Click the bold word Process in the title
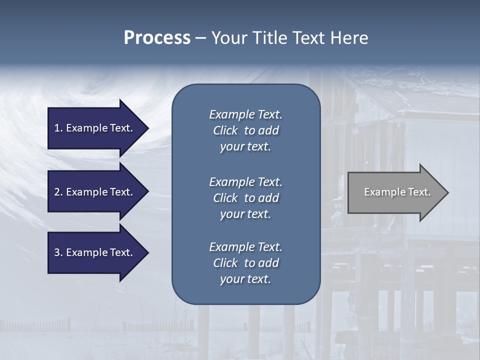point(157,38)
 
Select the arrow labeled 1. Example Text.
point(95,128)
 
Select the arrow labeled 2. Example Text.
point(95,192)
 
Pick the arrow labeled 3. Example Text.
point(95,252)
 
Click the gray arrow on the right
point(395,192)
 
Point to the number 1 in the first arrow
point(57,128)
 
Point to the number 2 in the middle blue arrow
point(57,192)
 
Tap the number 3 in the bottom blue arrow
point(57,252)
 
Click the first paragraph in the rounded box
point(245,130)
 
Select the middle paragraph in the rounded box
point(245,198)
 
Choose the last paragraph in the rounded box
point(245,263)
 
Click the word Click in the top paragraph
point(225,130)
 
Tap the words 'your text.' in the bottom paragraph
point(245,279)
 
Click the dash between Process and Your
point(200,38)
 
